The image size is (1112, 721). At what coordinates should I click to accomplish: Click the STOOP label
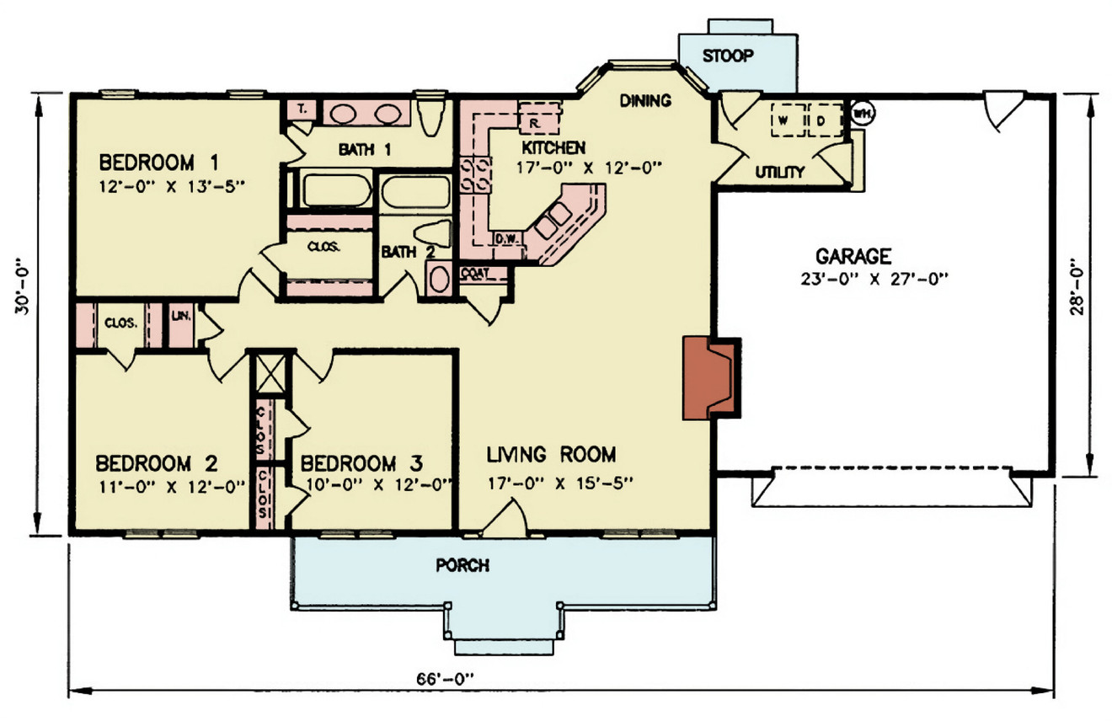point(729,56)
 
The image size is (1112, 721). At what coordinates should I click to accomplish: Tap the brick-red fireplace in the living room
point(706,377)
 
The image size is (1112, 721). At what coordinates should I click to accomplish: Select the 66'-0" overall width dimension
point(446,678)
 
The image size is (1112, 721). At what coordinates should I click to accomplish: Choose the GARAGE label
point(853,255)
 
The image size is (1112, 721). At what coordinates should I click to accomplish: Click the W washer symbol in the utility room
point(783,120)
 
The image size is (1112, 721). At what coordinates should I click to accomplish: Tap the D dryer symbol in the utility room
point(820,120)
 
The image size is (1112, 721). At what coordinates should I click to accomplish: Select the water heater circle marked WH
point(861,112)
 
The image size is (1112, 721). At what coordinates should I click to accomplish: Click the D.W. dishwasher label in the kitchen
point(509,238)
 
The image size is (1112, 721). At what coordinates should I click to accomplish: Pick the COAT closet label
point(474,273)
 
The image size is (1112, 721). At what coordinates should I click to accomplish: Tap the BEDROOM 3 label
point(361,464)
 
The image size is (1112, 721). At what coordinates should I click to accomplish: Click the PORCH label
point(462,565)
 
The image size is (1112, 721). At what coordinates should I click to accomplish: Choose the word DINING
point(645,101)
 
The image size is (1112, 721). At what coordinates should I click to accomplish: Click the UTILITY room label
point(779,173)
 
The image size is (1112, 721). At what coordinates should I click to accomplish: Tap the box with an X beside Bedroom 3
point(270,371)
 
